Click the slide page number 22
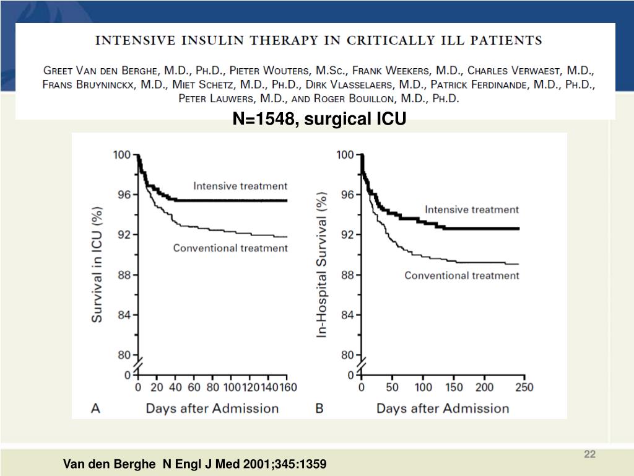pos(589,455)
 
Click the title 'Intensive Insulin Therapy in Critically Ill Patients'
pos(318,41)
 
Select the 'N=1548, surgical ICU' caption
pos(319,119)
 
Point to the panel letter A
pos(97,408)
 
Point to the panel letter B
pos(320,408)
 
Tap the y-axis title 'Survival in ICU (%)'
pos(98,264)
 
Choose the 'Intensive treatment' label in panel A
pos(240,186)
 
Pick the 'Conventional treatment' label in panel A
pos(230,248)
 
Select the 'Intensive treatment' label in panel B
pos(471,209)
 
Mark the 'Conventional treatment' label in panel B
pos(462,275)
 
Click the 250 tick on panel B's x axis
pos(524,387)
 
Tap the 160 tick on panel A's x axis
pos(287,387)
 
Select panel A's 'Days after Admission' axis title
pos(212,408)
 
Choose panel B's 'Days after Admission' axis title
pos(443,408)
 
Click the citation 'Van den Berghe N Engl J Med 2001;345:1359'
pos(195,464)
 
